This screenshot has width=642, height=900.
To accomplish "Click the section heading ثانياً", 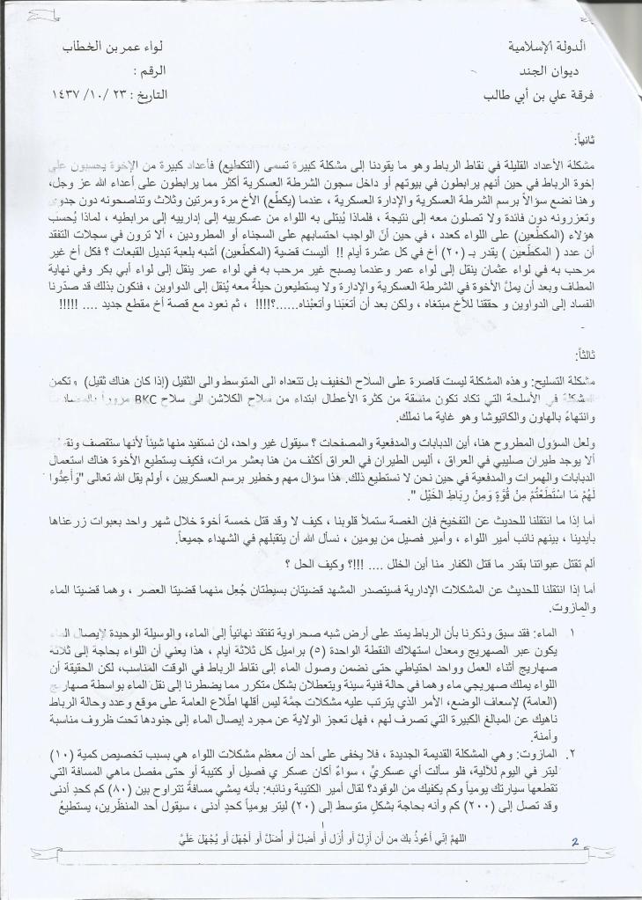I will point(585,139).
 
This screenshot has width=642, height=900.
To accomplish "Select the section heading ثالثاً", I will point(585,354).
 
